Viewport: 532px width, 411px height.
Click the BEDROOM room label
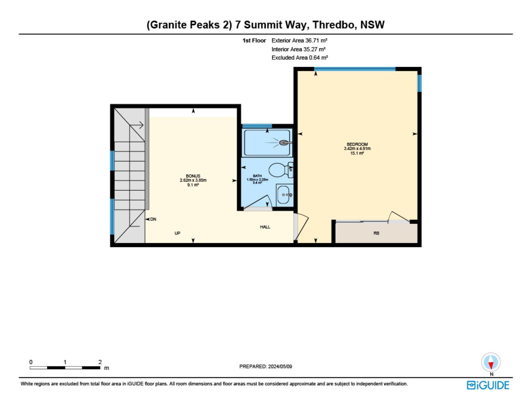click(x=357, y=144)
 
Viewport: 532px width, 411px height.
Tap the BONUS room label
click(x=193, y=176)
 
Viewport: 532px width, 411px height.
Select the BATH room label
click(x=257, y=176)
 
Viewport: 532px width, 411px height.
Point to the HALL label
click(x=265, y=227)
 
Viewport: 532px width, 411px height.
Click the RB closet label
click(x=376, y=233)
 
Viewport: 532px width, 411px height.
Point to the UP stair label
click(x=177, y=233)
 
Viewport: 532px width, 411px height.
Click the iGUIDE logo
click(x=488, y=385)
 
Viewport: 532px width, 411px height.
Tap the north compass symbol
click(x=491, y=362)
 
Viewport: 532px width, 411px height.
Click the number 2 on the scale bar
click(x=100, y=362)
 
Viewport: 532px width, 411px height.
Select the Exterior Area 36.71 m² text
click(x=299, y=40)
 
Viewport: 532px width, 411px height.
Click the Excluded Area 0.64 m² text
click(x=300, y=58)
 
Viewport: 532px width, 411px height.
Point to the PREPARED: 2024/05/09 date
click(x=266, y=366)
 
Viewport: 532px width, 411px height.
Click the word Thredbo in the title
click(x=333, y=25)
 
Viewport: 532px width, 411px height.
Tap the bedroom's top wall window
click(x=355, y=69)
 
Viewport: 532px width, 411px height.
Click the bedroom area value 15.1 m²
click(x=357, y=153)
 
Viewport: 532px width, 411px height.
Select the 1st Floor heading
click(x=254, y=40)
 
